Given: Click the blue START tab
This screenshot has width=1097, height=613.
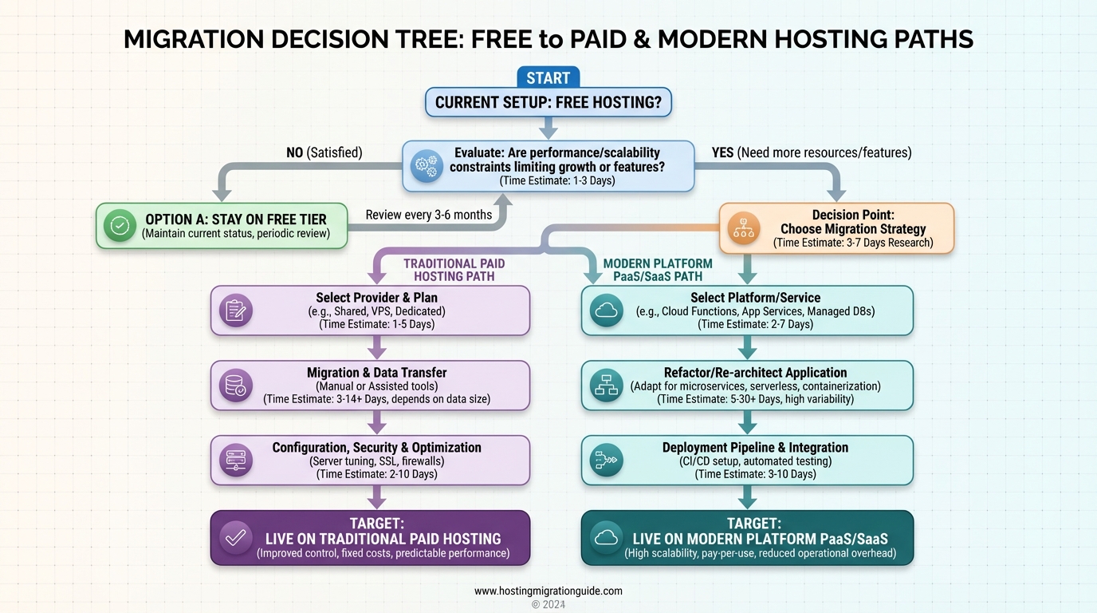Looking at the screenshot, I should point(548,77).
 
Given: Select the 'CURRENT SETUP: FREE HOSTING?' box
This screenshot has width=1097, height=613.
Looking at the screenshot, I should point(548,102).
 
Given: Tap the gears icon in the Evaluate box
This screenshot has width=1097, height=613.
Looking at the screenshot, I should point(426,166).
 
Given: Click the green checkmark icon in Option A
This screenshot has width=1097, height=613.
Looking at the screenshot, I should point(120,226).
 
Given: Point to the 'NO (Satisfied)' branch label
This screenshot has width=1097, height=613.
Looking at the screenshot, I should point(324,152).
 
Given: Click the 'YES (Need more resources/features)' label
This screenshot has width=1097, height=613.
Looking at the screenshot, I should point(812,152).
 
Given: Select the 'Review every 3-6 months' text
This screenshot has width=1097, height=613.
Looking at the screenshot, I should point(428,215).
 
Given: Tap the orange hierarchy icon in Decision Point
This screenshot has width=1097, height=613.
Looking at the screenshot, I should point(742,227).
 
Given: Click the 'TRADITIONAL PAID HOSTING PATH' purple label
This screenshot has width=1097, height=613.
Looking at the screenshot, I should point(454,270).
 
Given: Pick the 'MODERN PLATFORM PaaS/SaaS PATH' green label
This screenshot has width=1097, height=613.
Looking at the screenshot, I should point(658,270).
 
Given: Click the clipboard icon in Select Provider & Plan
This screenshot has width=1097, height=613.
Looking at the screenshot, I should point(236,310).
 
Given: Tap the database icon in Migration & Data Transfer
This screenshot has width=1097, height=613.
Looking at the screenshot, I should point(236,386).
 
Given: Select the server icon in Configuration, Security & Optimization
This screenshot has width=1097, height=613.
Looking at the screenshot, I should point(236,461).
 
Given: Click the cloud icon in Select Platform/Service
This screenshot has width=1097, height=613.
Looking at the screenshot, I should point(606,310).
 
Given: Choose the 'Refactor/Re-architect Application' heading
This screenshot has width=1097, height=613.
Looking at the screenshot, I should point(755,373).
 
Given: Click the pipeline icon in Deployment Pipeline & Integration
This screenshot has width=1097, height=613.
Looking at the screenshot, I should point(606,461).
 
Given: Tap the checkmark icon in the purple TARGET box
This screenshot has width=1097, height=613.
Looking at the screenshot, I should point(236,538).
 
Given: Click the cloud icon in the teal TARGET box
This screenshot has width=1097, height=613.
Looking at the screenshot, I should point(606,538).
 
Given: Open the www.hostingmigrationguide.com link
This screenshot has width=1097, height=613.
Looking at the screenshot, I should point(548,591).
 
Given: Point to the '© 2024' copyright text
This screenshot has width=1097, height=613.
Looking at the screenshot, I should point(548,605).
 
